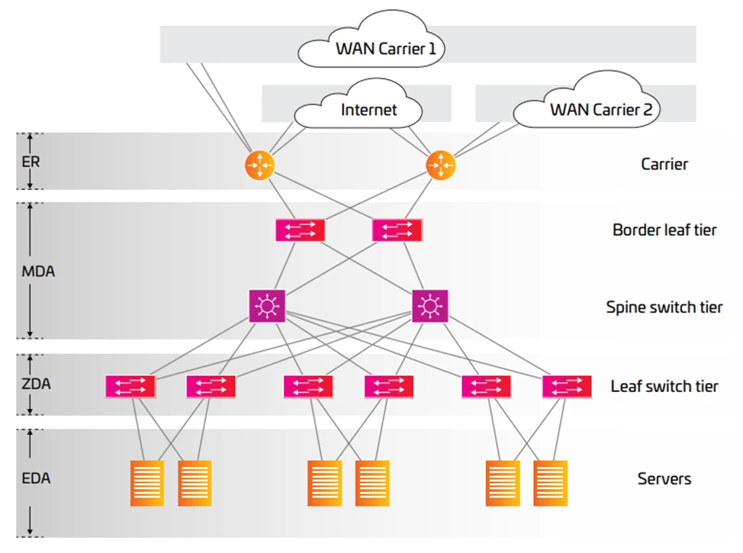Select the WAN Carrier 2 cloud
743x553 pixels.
(x=588, y=107)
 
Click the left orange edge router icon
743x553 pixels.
(x=259, y=165)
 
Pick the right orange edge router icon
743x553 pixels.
(x=440, y=165)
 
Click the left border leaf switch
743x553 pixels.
(x=300, y=230)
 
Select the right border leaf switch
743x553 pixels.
(x=396, y=230)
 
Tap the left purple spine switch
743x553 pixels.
(x=267, y=306)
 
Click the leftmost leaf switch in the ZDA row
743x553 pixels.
(x=130, y=386)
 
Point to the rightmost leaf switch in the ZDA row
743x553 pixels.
(x=567, y=386)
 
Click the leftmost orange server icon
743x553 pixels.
(x=147, y=483)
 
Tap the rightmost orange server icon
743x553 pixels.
(x=550, y=483)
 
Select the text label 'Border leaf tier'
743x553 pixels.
(x=664, y=230)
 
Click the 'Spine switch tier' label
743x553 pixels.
(x=664, y=308)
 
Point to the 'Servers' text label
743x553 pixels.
(x=664, y=479)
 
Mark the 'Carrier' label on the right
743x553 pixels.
(x=664, y=164)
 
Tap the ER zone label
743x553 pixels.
(x=31, y=162)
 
